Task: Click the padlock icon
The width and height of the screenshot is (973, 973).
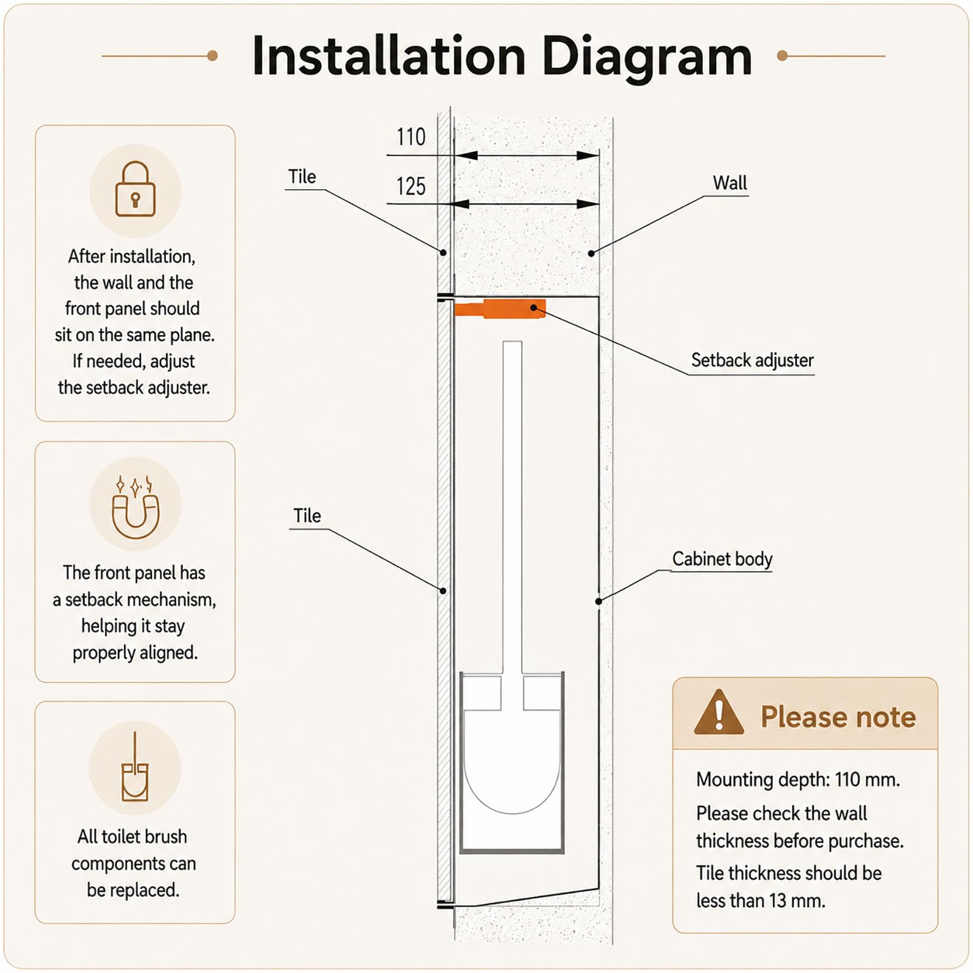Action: [x=136, y=189]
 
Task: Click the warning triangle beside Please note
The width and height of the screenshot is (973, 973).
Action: [x=719, y=712]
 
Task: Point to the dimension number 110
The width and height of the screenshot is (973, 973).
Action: [x=411, y=137]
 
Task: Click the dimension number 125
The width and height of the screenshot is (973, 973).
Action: [x=411, y=186]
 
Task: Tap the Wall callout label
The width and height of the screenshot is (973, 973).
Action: [x=730, y=182]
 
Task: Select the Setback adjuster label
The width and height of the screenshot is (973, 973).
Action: [x=752, y=360]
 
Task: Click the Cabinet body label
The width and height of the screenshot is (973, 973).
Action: [x=722, y=559]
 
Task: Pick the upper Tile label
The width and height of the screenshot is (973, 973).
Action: [x=302, y=176]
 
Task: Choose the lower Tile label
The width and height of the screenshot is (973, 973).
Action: [x=307, y=516]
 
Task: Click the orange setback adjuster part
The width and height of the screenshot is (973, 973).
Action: [x=500, y=309]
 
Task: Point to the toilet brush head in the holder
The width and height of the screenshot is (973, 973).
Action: [x=511, y=760]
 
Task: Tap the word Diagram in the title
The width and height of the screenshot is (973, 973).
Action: [x=646, y=57]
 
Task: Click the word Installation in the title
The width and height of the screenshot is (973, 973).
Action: [x=389, y=56]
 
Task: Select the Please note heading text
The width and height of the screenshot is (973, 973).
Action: [x=838, y=716]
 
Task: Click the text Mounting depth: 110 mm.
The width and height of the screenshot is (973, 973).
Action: [x=798, y=779]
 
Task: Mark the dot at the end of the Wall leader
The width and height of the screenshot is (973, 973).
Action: [x=591, y=253]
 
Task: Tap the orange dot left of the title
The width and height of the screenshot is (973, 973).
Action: [x=212, y=56]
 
